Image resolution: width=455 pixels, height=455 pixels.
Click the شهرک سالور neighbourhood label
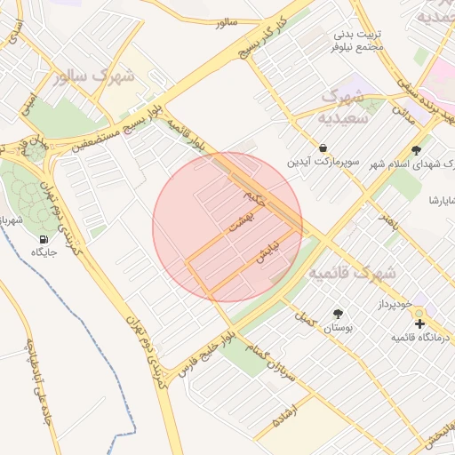93,76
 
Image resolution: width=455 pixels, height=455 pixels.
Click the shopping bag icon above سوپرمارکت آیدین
322,148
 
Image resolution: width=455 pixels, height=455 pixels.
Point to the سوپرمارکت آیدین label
322,163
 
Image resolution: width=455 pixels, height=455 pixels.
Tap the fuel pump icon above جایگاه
44,239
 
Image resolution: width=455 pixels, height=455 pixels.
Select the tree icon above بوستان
338,314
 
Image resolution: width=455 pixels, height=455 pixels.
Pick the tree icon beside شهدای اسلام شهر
417,150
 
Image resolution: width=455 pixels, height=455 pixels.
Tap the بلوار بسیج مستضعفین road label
110,122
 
